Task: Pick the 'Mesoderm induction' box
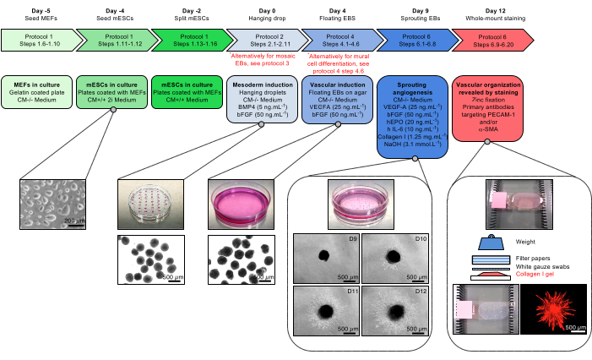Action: (x=262, y=100)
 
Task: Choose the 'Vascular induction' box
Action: (x=339, y=100)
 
